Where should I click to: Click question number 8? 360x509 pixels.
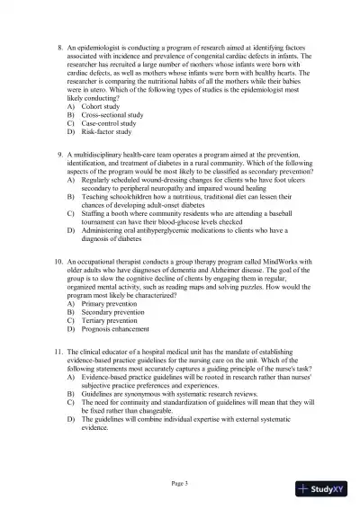[58, 44]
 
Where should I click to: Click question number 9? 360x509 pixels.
[58, 154]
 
